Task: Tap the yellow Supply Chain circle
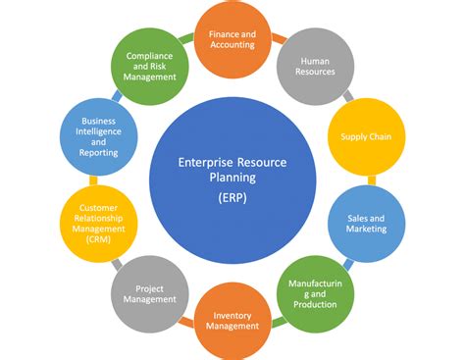click(366, 136)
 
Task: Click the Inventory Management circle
click(232, 320)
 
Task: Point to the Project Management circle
click(150, 291)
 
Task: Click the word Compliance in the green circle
click(150, 56)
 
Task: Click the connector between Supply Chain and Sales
click(371, 180)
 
